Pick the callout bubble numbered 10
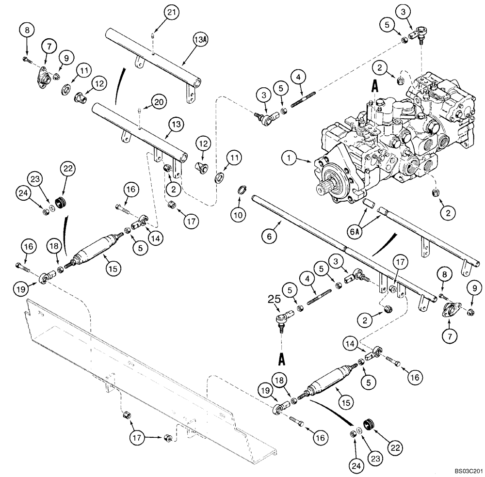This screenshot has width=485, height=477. pos(238,213)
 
